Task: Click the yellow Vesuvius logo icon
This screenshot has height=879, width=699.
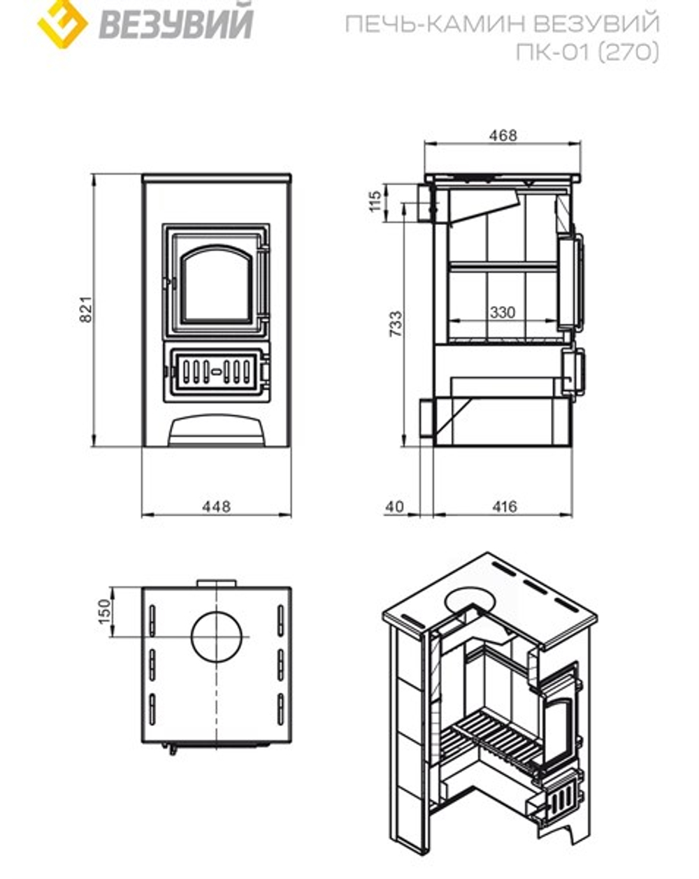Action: [62, 22]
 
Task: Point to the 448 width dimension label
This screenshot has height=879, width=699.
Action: [216, 506]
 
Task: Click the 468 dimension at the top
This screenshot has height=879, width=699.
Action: [503, 135]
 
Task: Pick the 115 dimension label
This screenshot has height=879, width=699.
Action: [375, 202]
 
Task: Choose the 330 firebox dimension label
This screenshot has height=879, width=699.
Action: [502, 312]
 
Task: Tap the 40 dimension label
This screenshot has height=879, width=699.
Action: [395, 506]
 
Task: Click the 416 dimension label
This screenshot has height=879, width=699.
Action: [503, 506]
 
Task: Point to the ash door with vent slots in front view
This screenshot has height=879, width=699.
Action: [217, 371]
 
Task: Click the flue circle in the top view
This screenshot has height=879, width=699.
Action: [219, 637]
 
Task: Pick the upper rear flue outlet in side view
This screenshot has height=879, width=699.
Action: [424, 202]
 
